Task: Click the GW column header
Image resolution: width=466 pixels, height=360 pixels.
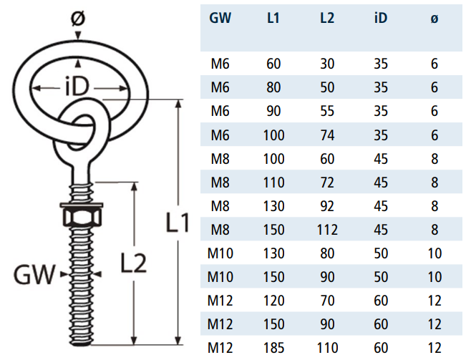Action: (220, 19)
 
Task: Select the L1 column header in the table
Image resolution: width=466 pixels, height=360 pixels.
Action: (273, 19)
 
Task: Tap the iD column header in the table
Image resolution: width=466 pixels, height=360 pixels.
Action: (381, 19)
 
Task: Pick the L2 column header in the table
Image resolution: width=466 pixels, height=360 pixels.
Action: (327, 19)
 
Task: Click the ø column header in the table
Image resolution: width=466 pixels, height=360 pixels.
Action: (435, 19)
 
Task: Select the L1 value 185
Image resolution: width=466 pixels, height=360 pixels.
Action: (273, 348)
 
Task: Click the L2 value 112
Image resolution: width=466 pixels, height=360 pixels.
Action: (327, 230)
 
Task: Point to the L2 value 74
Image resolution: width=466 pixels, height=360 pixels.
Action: (327, 135)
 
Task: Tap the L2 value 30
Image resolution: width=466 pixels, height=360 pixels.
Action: (327, 64)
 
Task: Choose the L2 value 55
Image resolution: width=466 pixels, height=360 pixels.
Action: (327, 112)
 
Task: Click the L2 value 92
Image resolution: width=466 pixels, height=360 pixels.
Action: (327, 206)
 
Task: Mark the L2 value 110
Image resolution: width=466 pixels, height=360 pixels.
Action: (327, 348)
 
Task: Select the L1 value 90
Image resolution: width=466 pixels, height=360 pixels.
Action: (273, 112)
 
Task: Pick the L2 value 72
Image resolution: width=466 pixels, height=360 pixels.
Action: (327, 183)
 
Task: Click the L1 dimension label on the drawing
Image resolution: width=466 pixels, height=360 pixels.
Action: (177, 224)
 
